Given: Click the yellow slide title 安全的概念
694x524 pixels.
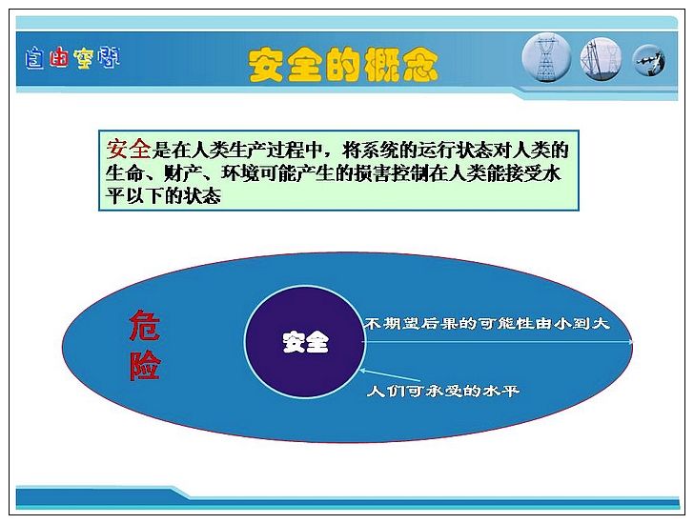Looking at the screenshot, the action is pyautogui.click(x=343, y=66).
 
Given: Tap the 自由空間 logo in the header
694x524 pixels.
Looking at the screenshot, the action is pyautogui.click(x=72, y=58).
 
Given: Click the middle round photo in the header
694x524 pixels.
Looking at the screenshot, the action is pyautogui.click(x=601, y=59).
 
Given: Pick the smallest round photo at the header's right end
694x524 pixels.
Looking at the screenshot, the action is pyautogui.click(x=649, y=61).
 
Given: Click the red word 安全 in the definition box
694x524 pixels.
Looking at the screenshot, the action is pyautogui.click(x=129, y=149).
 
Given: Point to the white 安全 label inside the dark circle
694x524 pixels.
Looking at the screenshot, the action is pyautogui.click(x=306, y=342).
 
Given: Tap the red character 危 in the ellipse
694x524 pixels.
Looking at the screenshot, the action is pyautogui.click(x=145, y=326).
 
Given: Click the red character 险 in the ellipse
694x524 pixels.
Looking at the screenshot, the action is pyautogui.click(x=145, y=365).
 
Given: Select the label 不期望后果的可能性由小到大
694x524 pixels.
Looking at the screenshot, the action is pyautogui.click(x=487, y=323).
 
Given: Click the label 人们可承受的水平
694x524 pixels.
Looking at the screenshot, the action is pyautogui.click(x=443, y=391).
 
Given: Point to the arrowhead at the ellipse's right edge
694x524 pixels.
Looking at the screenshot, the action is pyautogui.click(x=630, y=342).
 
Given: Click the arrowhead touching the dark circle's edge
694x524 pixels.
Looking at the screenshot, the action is pyautogui.click(x=363, y=371).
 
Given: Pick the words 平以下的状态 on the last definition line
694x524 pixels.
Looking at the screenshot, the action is pyautogui.click(x=163, y=195).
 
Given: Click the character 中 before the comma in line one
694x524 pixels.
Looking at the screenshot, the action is pyautogui.click(x=314, y=151).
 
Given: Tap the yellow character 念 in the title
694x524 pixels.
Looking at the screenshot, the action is pyautogui.click(x=419, y=66).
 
